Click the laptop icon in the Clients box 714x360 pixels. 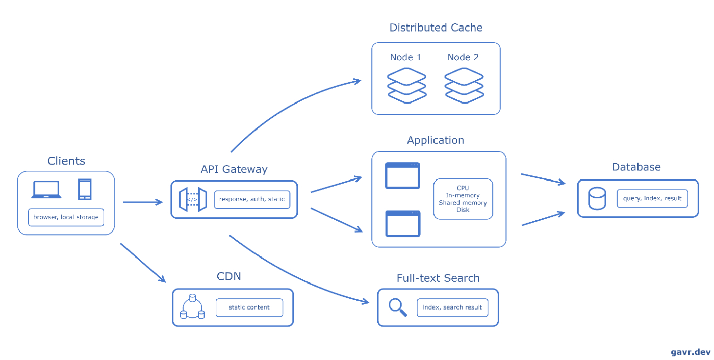click(46, 190)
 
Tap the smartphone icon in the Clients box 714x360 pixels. click(85, 190)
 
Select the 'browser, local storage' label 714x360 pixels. click(66, 217)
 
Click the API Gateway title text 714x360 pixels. click(234, 169)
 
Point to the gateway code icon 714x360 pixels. click(193, 199)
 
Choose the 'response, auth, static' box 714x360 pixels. click(252, 199)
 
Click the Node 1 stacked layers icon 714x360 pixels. click(407, 85)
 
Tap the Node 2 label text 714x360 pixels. click(463, 57)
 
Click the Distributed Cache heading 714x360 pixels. click(436, 28)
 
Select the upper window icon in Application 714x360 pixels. click(402, 175)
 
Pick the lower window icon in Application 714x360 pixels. click(402, 223)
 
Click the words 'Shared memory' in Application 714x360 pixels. click(463, 203)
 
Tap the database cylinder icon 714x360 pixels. click(597, 198)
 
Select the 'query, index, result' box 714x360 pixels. click(652, 198)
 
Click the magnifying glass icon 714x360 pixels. click(398, 307)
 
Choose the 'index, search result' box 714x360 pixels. click(452, 307)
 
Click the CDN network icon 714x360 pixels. click(192, 306)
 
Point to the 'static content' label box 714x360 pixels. click(249, 307)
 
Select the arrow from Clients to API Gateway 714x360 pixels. click(143, 202)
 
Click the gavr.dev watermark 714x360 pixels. click(691, 352)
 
